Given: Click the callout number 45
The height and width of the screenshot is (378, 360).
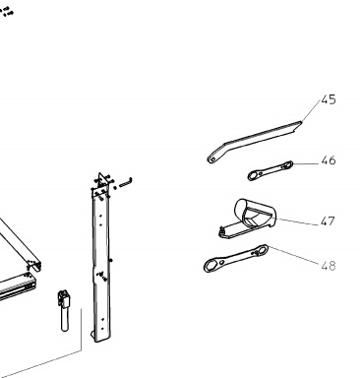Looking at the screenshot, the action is pyautogui.click(x=329, y=99).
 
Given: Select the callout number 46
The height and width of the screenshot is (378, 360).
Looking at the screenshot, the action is pyautogui.click(x=329, y=160).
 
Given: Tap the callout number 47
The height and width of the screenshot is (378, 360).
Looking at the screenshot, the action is pyautogui.click(x=328, y=221).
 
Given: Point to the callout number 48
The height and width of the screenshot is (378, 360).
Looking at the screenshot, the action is pyautogui.click(x=329, y=266).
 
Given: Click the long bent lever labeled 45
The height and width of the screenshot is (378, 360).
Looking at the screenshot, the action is pyautogui.click(x=254, y=142).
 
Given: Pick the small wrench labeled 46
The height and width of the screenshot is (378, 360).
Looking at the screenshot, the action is pyautogui.click(x=270, y=170).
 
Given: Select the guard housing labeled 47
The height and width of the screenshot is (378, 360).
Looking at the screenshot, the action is pyautogui.click(x=248, y=218).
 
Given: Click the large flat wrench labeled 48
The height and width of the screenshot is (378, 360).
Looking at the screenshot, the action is pyautogui.click(x=235, y=259).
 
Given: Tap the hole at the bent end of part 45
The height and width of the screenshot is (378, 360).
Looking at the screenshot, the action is pyautogui.click(x=212, y=159).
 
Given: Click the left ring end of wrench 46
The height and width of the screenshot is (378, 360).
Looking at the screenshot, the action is pyautogui.click(x=253, y=176).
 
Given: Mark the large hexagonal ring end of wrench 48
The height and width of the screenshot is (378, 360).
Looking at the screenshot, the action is pyautogui.click(x=211, y=265).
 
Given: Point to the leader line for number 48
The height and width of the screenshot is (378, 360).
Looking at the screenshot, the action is pyautogui.click(x=293, y=255).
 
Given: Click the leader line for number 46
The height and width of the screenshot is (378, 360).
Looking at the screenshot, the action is pyautogui.click(x=307, y=163).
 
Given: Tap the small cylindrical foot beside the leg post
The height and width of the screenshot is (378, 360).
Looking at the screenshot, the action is pyautogui.click(x=65, y=310).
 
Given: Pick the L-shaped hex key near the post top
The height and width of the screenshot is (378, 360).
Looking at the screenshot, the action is pyautogui.click(x=126, y=183).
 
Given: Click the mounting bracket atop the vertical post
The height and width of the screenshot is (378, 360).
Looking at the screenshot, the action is pyautogui.click(x=102, y=185).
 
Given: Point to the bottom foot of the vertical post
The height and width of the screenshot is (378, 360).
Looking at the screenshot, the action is pyautogui.click(x=99, y=337).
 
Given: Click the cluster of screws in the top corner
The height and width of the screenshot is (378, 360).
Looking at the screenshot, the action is pyautogui.click(x=7, y=12).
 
